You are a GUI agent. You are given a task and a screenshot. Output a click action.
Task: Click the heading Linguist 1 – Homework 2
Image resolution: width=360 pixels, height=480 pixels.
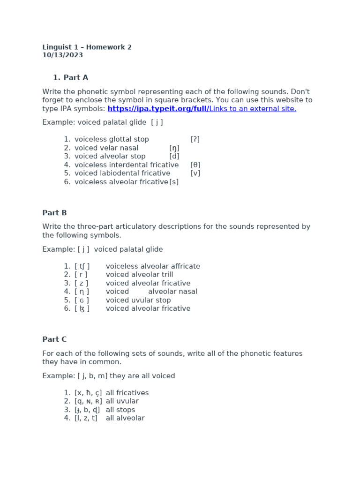(87, 47)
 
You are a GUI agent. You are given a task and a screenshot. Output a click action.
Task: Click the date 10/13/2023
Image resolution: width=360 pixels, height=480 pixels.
(62, 55)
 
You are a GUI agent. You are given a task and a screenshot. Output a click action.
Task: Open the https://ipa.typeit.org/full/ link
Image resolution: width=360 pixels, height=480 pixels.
(158, 109)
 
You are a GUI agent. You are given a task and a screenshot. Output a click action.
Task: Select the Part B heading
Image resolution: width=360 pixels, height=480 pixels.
(54, 213)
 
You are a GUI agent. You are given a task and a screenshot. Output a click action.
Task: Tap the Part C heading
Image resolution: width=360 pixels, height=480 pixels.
(54, 339)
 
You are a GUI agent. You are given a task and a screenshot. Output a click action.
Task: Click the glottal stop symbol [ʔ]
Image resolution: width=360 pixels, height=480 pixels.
(195, 139)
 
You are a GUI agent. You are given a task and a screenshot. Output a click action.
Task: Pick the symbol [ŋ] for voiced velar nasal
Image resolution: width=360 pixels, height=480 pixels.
(174, 148)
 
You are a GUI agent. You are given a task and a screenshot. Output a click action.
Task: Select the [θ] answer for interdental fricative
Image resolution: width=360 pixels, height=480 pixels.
(195, 165)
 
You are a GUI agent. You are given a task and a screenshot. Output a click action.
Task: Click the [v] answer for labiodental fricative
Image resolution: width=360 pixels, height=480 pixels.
(195, 173)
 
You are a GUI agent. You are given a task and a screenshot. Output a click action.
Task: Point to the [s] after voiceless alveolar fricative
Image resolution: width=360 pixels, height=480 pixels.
(174, 182)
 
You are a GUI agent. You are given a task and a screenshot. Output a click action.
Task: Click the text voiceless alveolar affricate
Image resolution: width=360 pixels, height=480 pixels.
(153, 266)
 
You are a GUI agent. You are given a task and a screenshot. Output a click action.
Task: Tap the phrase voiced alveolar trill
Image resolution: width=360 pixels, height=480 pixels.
(139, 275)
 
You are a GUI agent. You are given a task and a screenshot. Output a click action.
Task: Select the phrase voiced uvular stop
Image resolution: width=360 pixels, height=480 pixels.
(138, 300)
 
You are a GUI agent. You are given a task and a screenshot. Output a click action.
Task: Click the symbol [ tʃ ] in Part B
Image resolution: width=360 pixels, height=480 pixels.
(82, 266)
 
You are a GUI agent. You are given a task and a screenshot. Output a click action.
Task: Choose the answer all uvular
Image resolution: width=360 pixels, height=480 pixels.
(122, 401)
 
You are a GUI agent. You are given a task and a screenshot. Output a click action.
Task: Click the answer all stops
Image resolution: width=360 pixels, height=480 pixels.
(120, 410)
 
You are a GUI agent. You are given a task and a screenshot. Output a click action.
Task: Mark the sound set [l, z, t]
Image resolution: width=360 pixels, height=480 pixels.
(86, 418)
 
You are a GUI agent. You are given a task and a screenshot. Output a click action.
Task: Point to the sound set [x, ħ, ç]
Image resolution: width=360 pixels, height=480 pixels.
(88, 393)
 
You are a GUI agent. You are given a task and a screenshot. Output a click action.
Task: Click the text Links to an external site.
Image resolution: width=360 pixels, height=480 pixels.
(253, 109)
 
